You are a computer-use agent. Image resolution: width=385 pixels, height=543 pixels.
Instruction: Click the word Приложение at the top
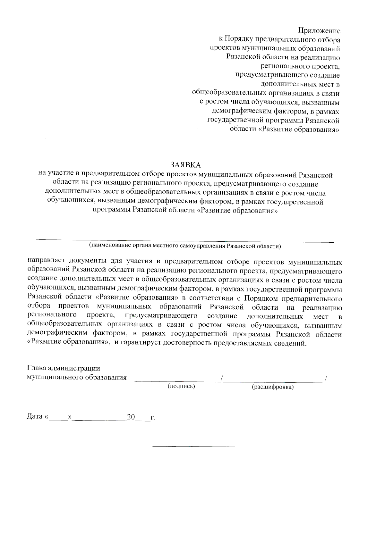319,31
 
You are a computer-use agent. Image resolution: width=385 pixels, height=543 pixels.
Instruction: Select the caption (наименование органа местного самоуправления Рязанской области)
185,246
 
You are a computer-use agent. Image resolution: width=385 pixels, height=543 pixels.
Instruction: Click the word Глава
37,368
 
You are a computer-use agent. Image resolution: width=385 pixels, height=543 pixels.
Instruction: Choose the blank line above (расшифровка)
274,381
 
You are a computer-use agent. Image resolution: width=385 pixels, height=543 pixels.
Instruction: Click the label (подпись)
181,387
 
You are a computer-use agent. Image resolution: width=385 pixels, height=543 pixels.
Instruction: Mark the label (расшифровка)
273,387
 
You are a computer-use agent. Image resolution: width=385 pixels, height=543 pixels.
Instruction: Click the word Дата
35,417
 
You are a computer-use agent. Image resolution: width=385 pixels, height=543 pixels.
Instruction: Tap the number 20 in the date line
131,417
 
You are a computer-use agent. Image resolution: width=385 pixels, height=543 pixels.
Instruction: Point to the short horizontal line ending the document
196,446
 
